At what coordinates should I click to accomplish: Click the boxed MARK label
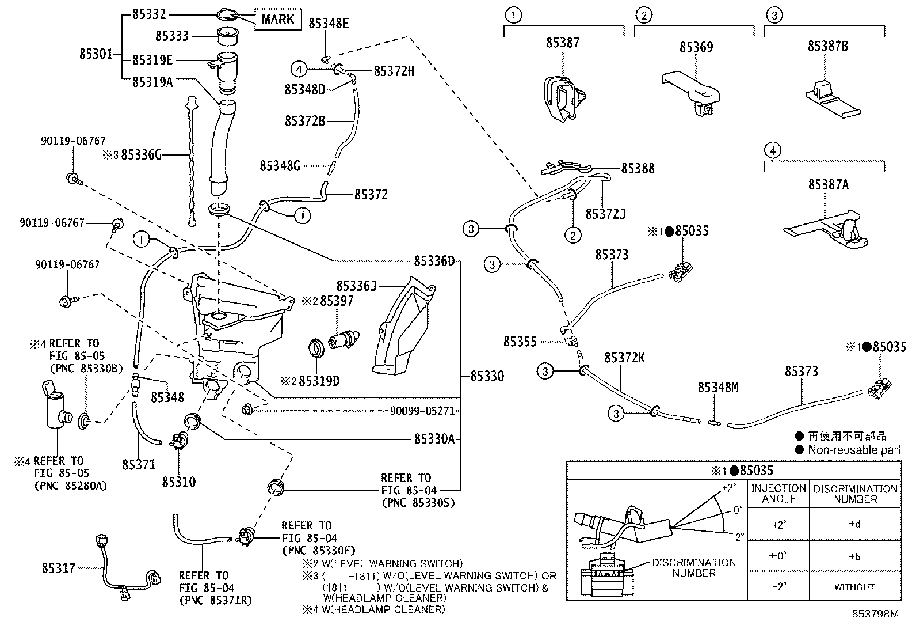[x=278, y=20]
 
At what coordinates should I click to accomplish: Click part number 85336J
[x=356, y=285]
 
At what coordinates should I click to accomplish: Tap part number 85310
[x=178, y=482]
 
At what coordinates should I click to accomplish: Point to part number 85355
[x=520, y=342]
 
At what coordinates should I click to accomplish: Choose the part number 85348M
[x=718, y=387]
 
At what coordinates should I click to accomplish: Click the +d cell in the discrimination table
[x=854, y=524]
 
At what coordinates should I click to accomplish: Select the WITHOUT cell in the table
[x=854, y=587]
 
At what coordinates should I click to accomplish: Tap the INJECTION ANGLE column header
[x=778, y=494]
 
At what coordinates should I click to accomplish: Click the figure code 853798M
[x=875, y=613]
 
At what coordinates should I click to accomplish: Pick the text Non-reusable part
[x=854, y=450]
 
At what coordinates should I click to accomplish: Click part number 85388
[x=638, y=168]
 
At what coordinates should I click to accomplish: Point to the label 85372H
[x=394, y=71]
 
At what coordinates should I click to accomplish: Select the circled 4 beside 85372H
[x=299, y=70]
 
